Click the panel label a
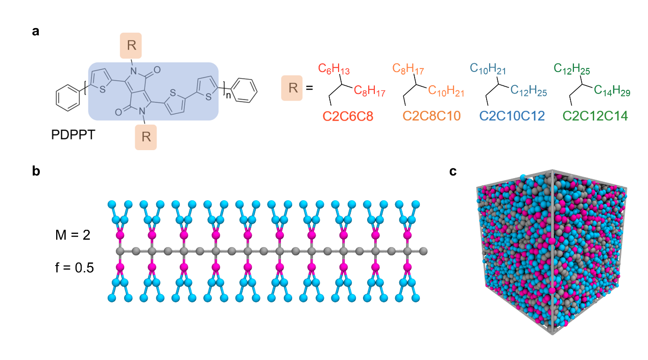[x=35, y=32]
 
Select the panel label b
[x=36, y=172]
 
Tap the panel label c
[x=453, y=172]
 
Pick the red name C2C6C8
[x=348, y=116]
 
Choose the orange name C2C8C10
[x=431, y=116]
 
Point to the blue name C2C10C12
[x=512, y=116]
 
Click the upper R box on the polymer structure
[x=131, y=45]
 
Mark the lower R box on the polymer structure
[x=146, y=137]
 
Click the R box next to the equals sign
[x=293, y=87]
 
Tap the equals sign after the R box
[x=309, y=88]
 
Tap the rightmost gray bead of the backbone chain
[x=423, y=251]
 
